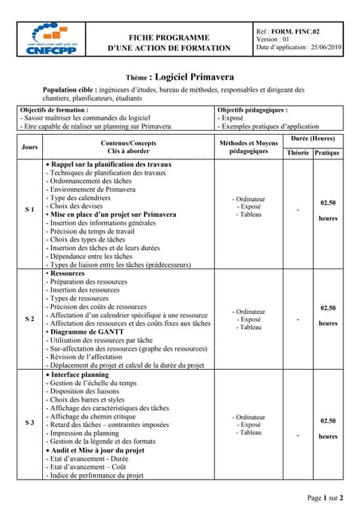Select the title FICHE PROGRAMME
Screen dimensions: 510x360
coord(170,37)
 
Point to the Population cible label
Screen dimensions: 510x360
coord(69,89)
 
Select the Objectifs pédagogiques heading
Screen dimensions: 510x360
coord(252,109)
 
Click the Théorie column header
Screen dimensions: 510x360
coord(298,152)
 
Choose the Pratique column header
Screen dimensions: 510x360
coord(327,152)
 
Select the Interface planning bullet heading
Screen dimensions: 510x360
coord(84,374)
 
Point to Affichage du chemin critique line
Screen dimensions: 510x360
coord(98,415)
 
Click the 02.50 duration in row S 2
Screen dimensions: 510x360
coord(327,308)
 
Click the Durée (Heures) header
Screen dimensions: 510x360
coord(312,139)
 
